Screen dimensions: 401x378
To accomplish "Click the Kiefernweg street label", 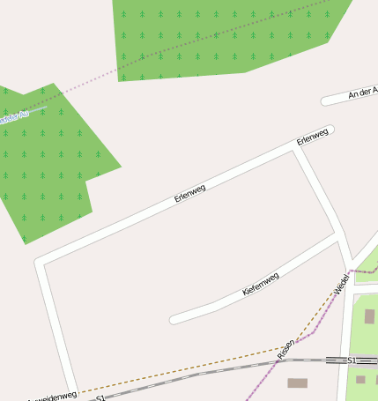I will click(x=261, y=284).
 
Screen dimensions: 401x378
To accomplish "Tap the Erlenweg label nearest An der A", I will click(x=312, y=137).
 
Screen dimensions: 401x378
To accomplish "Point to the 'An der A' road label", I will click(x=363, y=93).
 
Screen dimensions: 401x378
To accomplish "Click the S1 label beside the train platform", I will click(x=352, y=360).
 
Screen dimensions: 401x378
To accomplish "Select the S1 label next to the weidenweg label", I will click(x=100, y=397).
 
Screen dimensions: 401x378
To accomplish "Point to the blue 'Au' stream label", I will click(x=11, y=116).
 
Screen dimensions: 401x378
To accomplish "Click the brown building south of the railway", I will click(x=297, y=383).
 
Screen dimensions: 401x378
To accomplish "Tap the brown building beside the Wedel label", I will click(x=369, y=316).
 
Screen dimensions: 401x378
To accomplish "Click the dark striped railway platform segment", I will click(x=335, y=360).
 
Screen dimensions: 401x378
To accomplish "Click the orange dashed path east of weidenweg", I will click(x=176, y=370).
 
